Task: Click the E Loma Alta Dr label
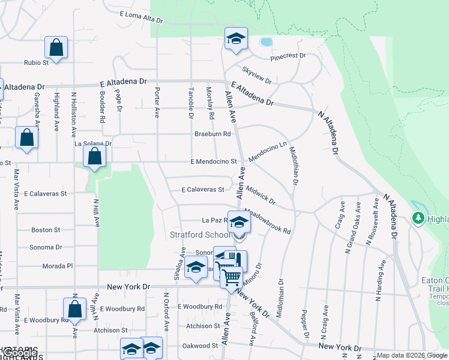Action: [141, 17]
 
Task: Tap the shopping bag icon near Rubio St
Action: [56, 47]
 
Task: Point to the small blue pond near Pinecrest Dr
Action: [265, 42]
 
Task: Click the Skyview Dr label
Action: [258, 74]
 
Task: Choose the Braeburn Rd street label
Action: [212, 134]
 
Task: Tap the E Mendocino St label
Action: [214, 161]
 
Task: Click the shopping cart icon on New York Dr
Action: [231, 277]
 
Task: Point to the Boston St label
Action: [46, 230]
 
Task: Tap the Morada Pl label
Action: [57, 266]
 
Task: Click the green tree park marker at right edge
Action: [418, 218]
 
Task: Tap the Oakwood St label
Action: [200, 346]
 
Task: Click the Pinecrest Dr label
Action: [288, 56]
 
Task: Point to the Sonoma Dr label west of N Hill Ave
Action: [46, 247]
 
